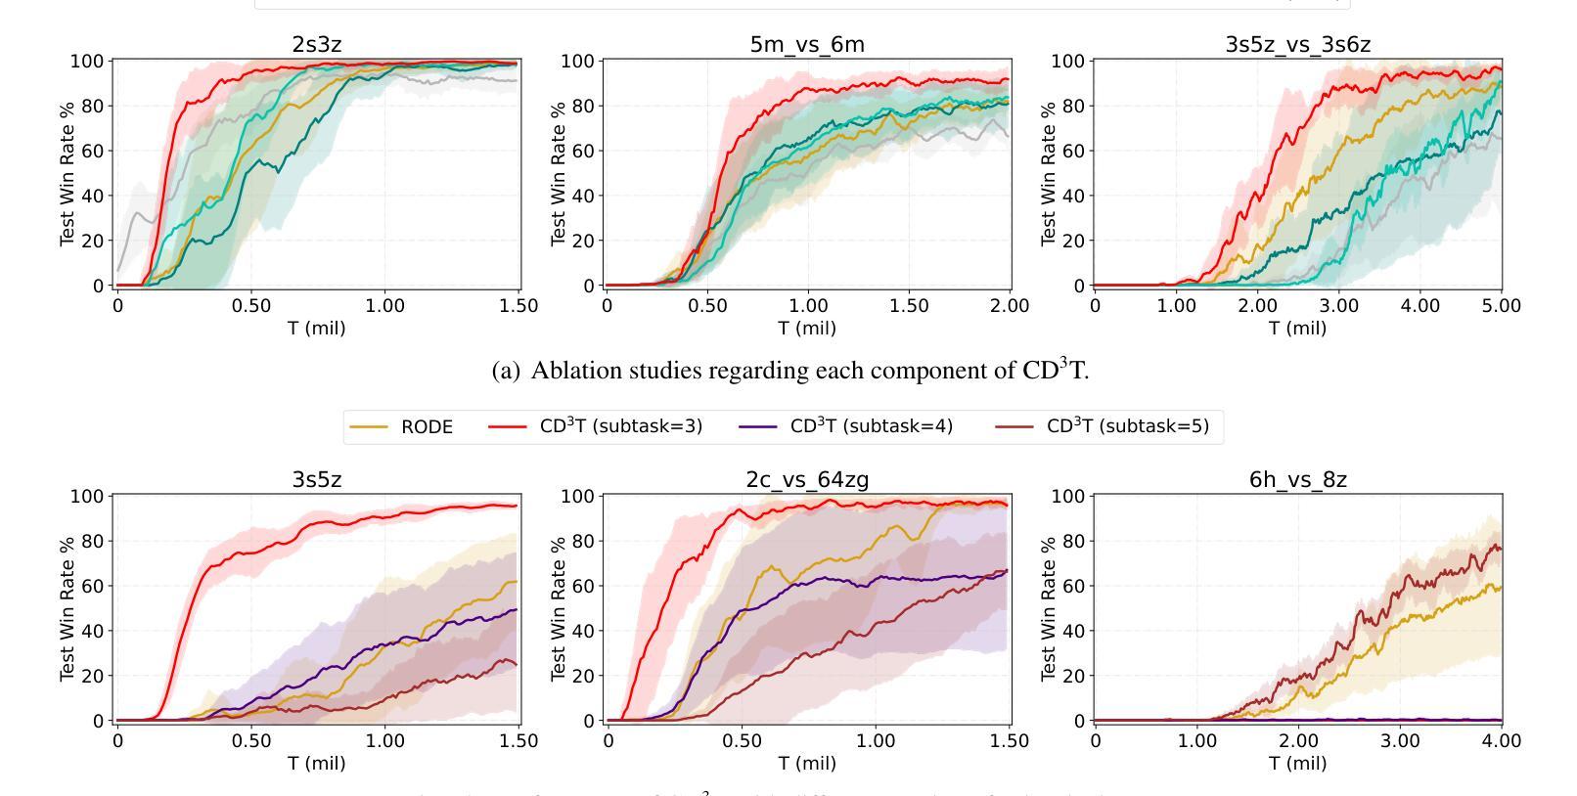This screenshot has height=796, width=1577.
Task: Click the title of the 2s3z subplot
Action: tap(317, 44)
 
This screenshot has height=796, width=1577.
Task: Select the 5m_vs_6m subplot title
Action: tap(807, 44)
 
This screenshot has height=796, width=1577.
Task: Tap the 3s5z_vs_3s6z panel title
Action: tap(1297, 44)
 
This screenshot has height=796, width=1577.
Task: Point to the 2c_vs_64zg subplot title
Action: tap(807, 479)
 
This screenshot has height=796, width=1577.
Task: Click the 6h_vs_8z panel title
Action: tap(1297, 479)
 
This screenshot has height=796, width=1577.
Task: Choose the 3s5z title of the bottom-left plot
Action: tap(317, 479)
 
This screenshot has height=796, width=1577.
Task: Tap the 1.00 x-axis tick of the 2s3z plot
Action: tap(384, 306)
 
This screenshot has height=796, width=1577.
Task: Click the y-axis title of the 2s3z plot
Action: tap(68, 173)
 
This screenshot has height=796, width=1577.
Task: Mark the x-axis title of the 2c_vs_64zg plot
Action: tap(807, 763)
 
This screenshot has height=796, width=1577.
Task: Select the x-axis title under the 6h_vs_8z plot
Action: tap(1297, 763)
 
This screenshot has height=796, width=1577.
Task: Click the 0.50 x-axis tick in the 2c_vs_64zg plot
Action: tap(741, 741)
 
